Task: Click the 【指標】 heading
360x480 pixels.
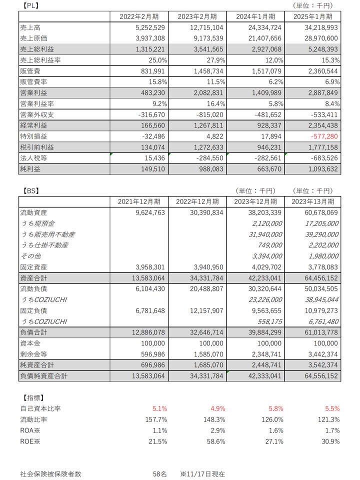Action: tap(33, 398)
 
